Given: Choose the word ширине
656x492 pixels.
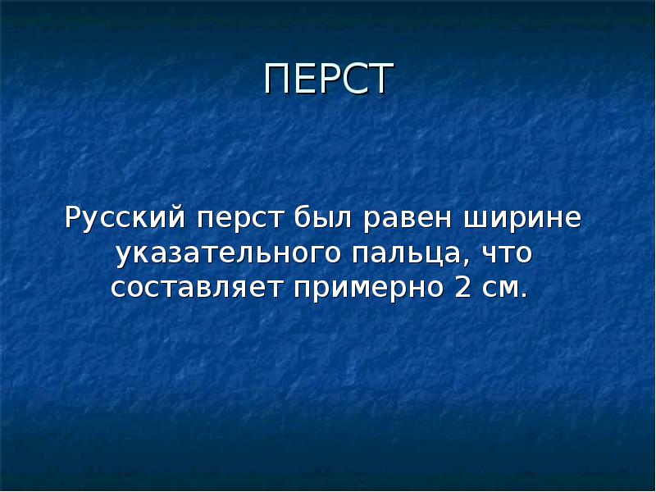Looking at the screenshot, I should [524, 220].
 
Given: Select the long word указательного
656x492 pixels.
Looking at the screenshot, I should [228, 255].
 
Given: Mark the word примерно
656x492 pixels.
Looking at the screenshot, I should [358, 289].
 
